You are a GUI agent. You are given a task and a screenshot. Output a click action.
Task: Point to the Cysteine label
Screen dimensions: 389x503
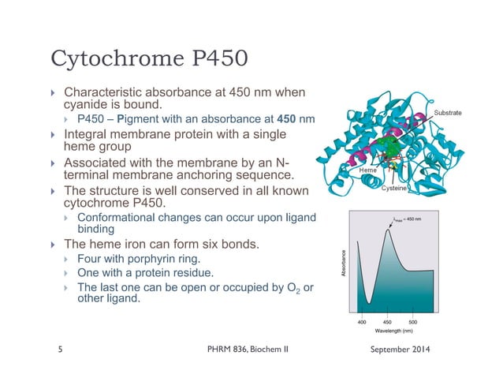tap(394, 189)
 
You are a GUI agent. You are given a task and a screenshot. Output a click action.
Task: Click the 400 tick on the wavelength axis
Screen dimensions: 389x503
tap(363, 323)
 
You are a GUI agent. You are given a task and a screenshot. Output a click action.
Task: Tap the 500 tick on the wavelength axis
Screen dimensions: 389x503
tap(413, 323)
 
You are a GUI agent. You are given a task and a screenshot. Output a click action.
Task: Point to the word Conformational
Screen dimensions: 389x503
tap(116, 218)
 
